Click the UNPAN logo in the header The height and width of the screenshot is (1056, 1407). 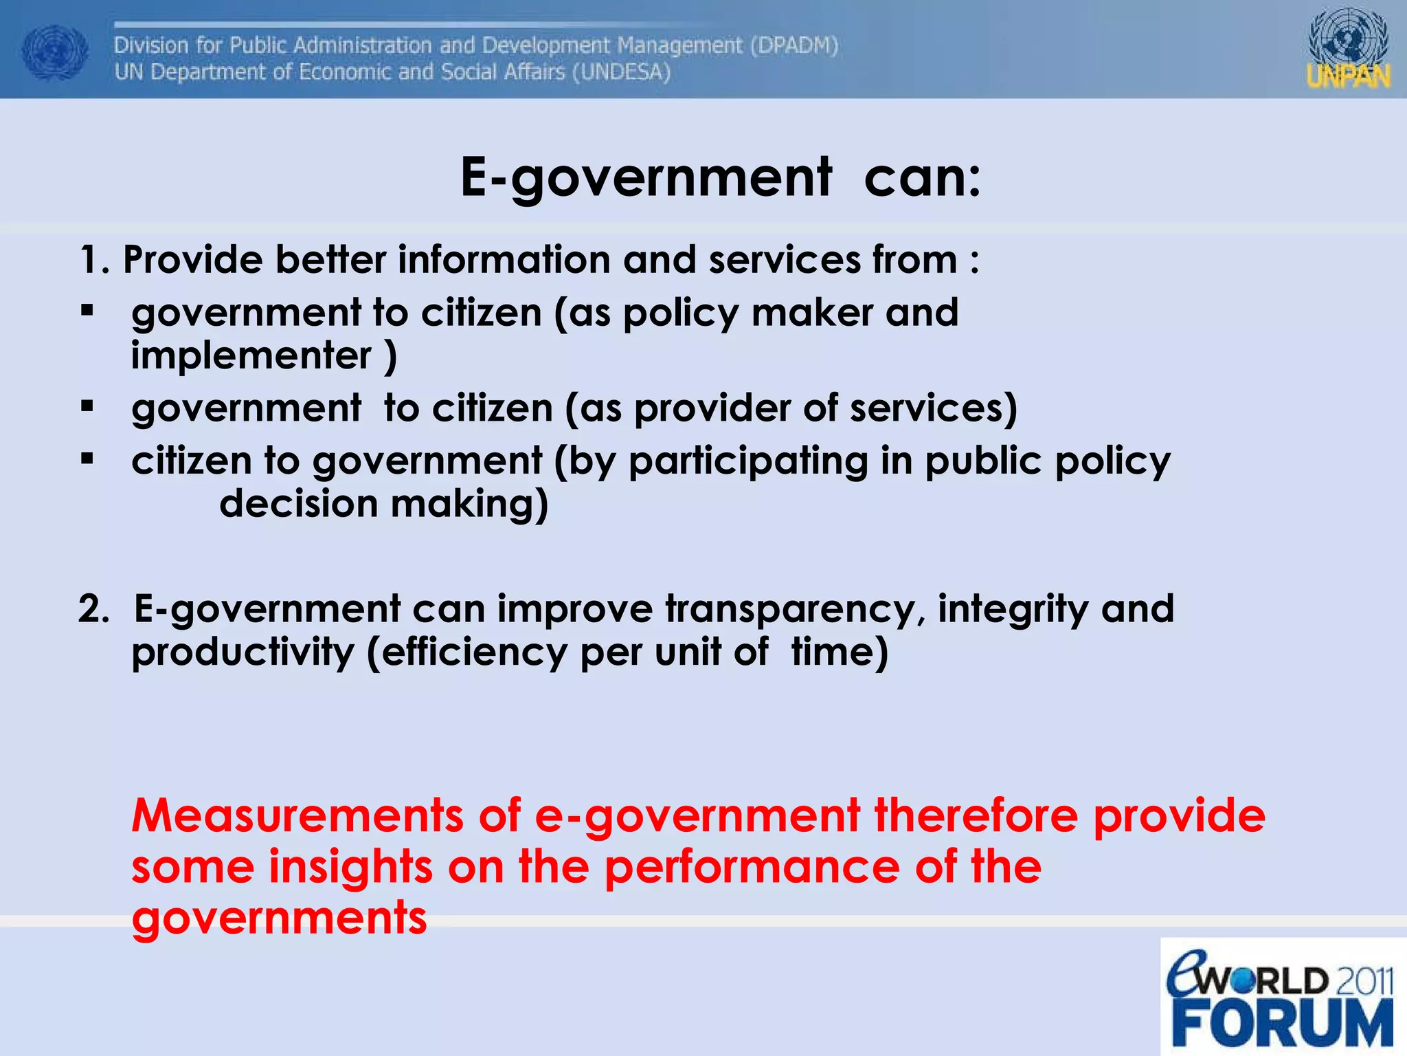click(1348, 49)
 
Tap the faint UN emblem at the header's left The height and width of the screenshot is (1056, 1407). click(55, 52)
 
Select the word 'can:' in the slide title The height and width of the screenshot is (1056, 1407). click(923, 177)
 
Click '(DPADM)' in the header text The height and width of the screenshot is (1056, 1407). click(793, 45)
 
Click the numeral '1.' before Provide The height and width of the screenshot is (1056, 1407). click(95, 261)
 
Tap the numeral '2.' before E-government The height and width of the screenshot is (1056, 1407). click(94, 609)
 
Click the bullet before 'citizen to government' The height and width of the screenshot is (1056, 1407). click(87, 459)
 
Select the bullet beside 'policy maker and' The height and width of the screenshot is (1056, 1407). click(87, 311)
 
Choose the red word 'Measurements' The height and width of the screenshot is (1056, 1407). click(297, 815)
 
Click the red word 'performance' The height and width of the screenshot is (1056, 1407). click(752, 867)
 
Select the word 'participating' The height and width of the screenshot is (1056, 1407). click(748, 461)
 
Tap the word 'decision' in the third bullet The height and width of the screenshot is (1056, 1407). click(298, 504)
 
